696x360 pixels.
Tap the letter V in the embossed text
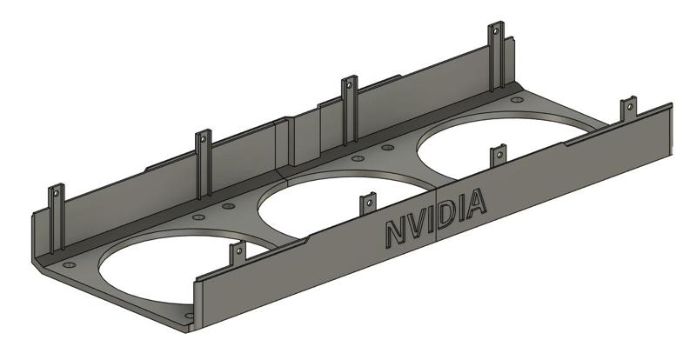(417, 224)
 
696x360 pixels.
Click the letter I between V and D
(432, 219)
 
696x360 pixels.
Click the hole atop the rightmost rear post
(497, 33)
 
